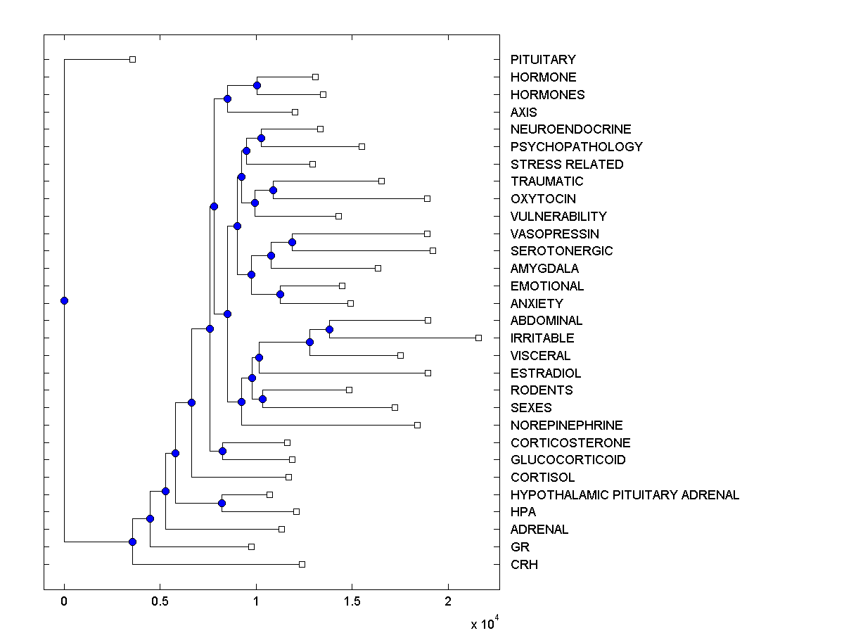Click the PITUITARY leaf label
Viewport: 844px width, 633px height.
543,60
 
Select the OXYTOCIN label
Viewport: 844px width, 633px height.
543,199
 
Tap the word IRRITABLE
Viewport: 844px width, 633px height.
542,338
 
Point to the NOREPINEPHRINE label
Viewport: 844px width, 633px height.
566,426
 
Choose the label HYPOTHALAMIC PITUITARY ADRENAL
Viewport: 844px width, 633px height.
625,495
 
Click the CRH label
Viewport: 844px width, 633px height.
524,565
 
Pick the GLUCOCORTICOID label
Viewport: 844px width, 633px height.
568,460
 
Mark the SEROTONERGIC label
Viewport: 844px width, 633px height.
561,251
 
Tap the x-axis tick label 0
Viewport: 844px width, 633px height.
64,601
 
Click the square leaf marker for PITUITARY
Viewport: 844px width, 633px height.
132,60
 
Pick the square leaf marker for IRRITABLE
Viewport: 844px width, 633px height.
478,338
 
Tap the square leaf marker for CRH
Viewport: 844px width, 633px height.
302,564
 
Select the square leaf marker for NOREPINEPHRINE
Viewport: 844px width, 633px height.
417,425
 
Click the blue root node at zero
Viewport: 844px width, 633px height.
64,300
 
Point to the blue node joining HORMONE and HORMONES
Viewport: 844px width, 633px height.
257,85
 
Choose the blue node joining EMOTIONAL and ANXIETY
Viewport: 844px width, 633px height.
280,294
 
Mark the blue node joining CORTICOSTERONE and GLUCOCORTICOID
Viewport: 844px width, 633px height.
222,451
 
